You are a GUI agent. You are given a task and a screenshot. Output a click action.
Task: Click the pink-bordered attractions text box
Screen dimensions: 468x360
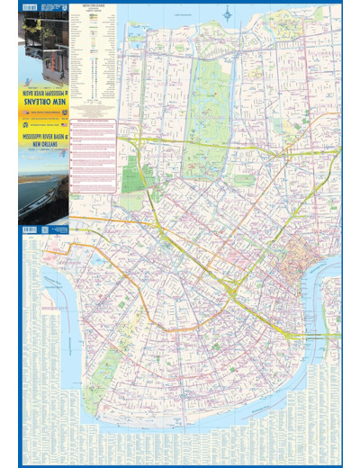coord(94,153)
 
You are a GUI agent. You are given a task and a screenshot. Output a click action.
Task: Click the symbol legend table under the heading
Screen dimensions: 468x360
coord(94,63)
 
